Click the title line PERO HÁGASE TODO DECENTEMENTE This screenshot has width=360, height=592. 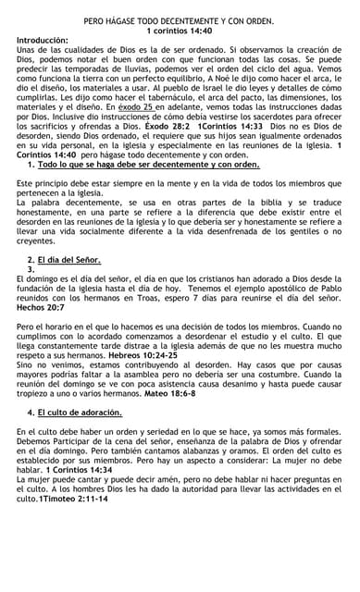[x=180, y=18]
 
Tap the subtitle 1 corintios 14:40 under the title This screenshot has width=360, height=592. [x=180, y=31]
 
